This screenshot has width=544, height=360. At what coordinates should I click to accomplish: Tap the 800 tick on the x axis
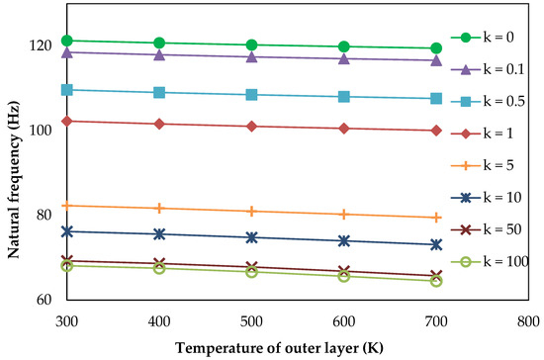tap(528, 320)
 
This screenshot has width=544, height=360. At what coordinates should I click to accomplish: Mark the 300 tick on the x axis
tap(66, 320)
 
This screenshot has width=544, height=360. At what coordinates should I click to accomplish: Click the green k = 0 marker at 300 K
tap(66, 41)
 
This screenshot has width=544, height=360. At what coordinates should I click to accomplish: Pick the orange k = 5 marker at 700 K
tap(436, 217)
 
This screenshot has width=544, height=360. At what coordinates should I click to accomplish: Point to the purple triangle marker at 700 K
tap(436, 60)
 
